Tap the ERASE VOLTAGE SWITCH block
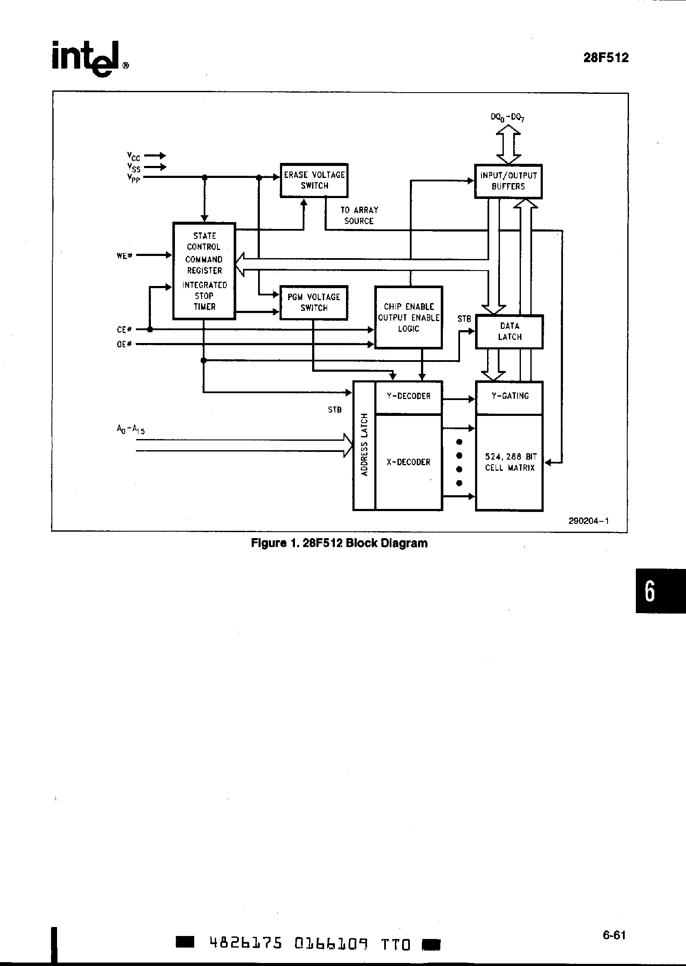pyautogui.click(x=314, y=181)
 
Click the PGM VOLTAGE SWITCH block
pyautogui.click(x=313, y=302)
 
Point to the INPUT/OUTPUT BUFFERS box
pyautogui.click(x=508, y=181)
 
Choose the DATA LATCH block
pyautogui.click(x=509, y=331)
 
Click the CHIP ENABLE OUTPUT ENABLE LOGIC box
pyautogui.click(x=408, y=317)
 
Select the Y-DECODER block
pyautogui.click(x=408, y=397)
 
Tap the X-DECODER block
pyautogui.click(x=408, y=462)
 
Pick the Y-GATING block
pyautogui.click(x=509, y=397)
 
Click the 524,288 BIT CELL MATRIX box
pyautogui.click(x=509, y=462)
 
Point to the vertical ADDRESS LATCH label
pyautogui.click(x=364, y=445)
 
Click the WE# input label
pyautogui.click(x=124, y=256)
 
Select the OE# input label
pyautogui.click(x=124, y=344)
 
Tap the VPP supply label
pyautogui.click(x=133, y=179)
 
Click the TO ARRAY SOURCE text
pyautogui.click(x=359, y=216)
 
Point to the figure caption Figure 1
pyautogui.click(x=339, y=543)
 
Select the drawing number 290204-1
pyautogui.click(x=589, y=521)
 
